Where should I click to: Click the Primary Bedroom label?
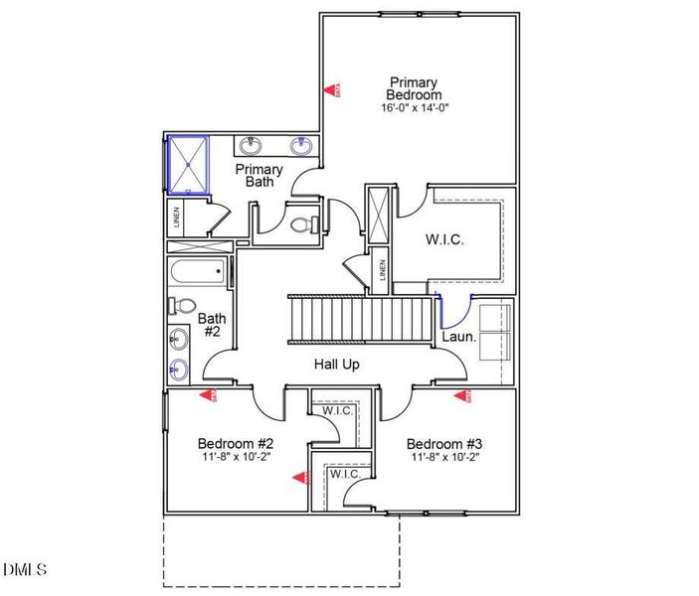coord(416,87)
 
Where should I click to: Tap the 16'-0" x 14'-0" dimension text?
coord(415,107)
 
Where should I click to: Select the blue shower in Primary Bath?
coord(186,164)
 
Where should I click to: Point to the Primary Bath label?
coord(260,176)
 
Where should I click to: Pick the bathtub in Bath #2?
coord(199,273)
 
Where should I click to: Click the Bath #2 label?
coord(211,325)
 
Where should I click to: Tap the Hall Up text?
coord(337,365)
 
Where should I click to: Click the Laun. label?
coord(459,337)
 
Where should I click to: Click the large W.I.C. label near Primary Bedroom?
coord(444,239)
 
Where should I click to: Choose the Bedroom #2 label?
coord(229,443)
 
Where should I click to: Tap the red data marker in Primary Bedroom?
coord(332,89)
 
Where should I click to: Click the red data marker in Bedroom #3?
coord(462,396)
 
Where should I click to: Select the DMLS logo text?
coord(25,569)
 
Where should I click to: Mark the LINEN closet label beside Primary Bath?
coord(177,217)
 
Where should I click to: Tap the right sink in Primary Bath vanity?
coord(299,147)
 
